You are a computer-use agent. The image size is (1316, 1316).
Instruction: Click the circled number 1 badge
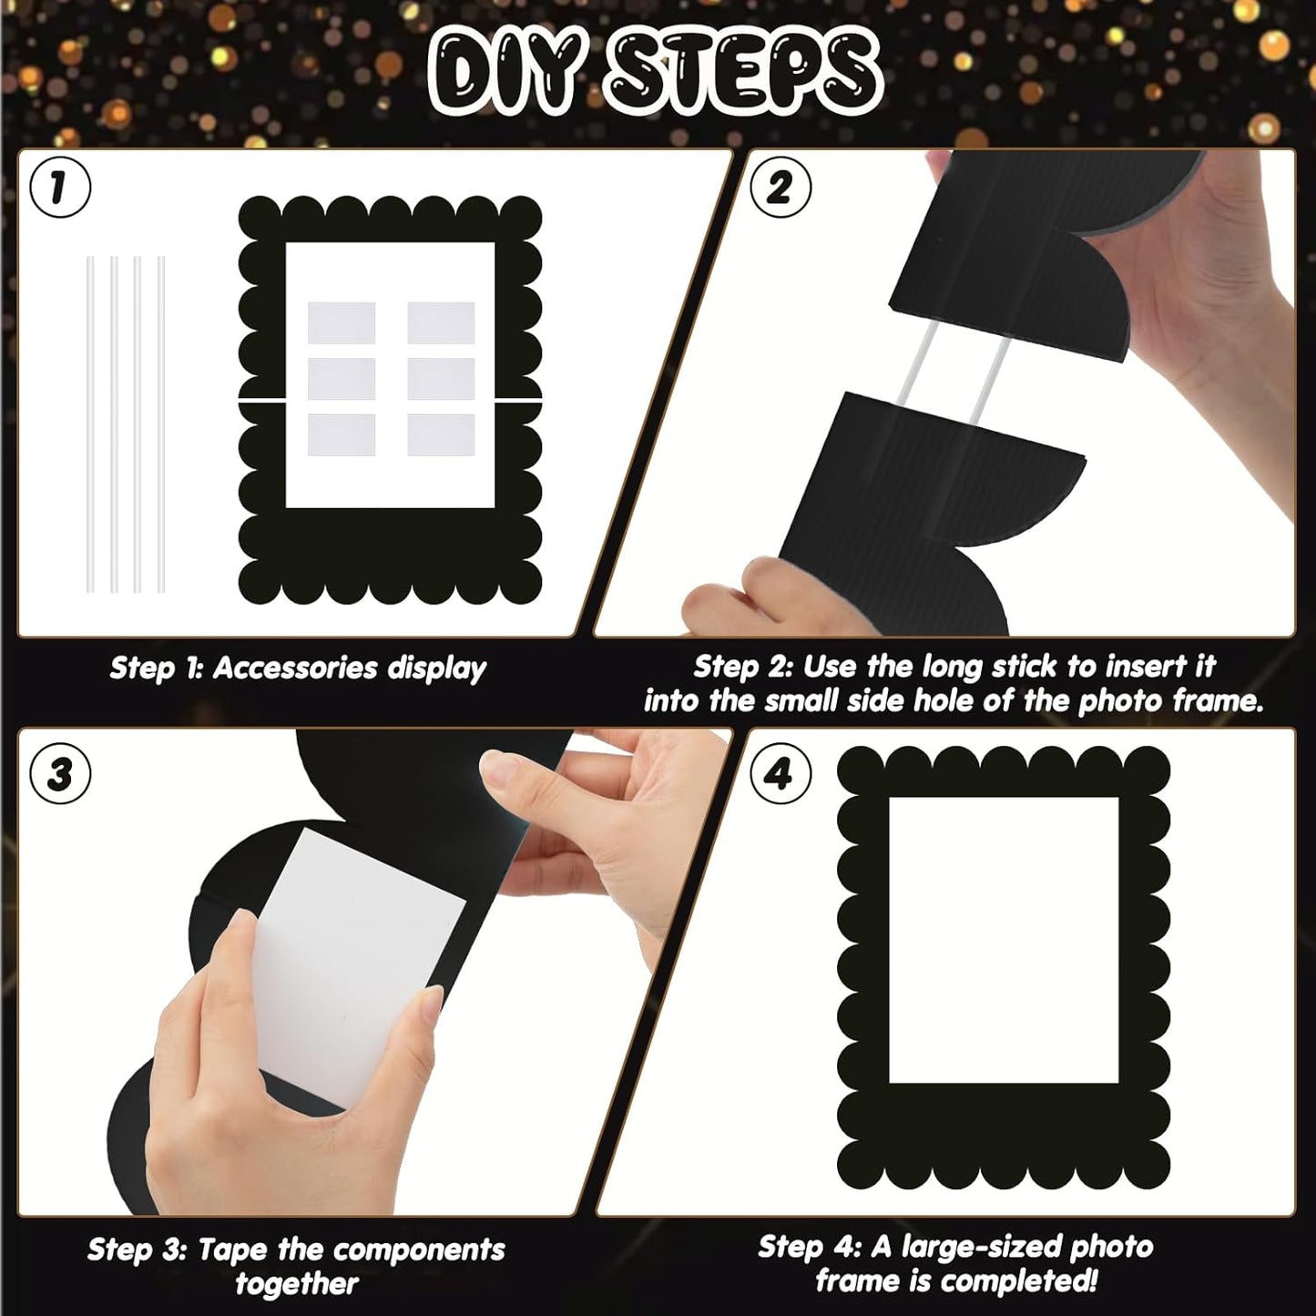point(59,189)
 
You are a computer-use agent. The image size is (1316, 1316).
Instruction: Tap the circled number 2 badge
point(780,189)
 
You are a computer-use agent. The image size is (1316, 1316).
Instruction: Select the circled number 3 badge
point(59,774)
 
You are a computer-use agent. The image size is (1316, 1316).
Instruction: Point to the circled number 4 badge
point(780,774)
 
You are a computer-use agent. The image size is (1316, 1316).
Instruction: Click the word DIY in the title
point(506,73)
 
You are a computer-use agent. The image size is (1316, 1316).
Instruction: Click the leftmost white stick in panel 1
point(90,424)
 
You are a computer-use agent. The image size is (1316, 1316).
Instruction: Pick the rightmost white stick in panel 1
point(161,424)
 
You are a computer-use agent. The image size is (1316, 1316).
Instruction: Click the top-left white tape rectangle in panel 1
point(342,322)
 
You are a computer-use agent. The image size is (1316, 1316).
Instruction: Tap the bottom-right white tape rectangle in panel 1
point(441,435)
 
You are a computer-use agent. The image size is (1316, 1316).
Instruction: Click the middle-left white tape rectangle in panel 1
point(342,378)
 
